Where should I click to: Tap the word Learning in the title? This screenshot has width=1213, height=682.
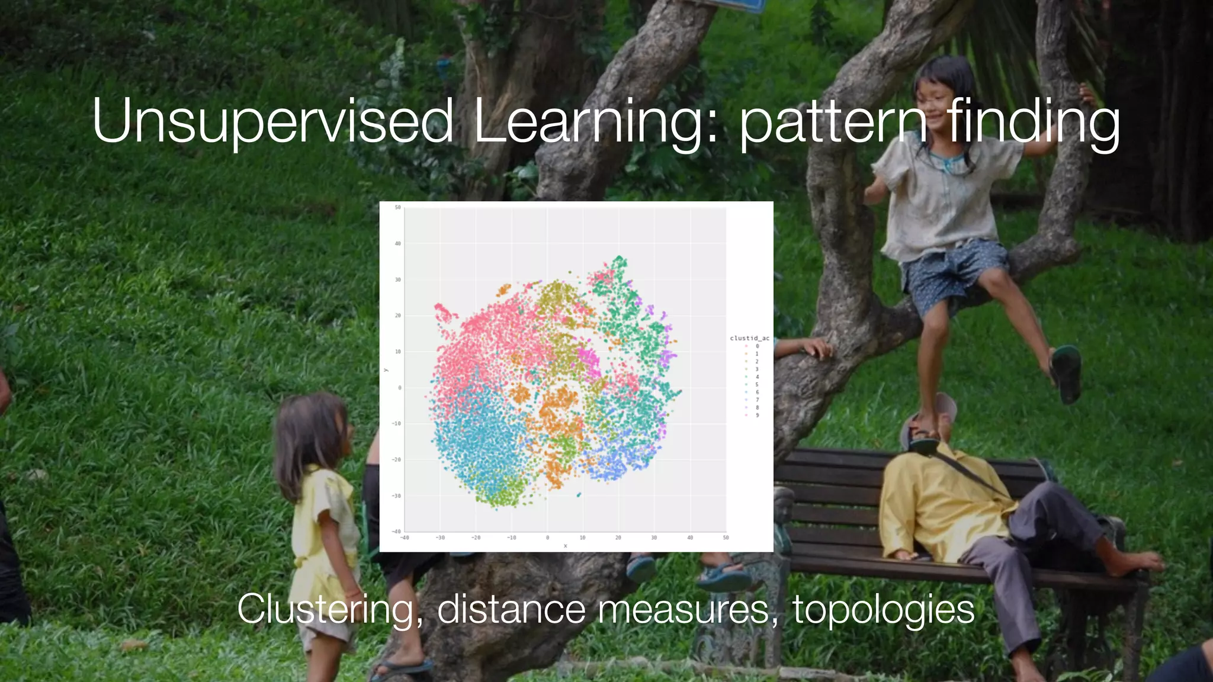click(595, 123)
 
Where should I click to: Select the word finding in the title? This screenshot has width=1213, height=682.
click(1033, 123)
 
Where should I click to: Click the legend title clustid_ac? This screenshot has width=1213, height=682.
click(749, 338)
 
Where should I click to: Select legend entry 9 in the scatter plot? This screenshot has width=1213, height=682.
click(757, 415)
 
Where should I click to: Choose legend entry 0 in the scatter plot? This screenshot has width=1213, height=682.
click(757, 346)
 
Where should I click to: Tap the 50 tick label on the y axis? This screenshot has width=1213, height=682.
click(397, 208)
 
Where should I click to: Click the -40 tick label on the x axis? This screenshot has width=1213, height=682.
click(405, 538)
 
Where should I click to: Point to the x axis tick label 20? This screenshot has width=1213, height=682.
click(618, 538)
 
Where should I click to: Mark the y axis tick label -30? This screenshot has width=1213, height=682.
click(396, 496)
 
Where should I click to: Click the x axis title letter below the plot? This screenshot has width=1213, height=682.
click(565, 546)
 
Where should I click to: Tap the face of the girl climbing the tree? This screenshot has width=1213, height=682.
click(936, 101)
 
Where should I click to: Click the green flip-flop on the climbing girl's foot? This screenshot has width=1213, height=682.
click(1066, 373)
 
